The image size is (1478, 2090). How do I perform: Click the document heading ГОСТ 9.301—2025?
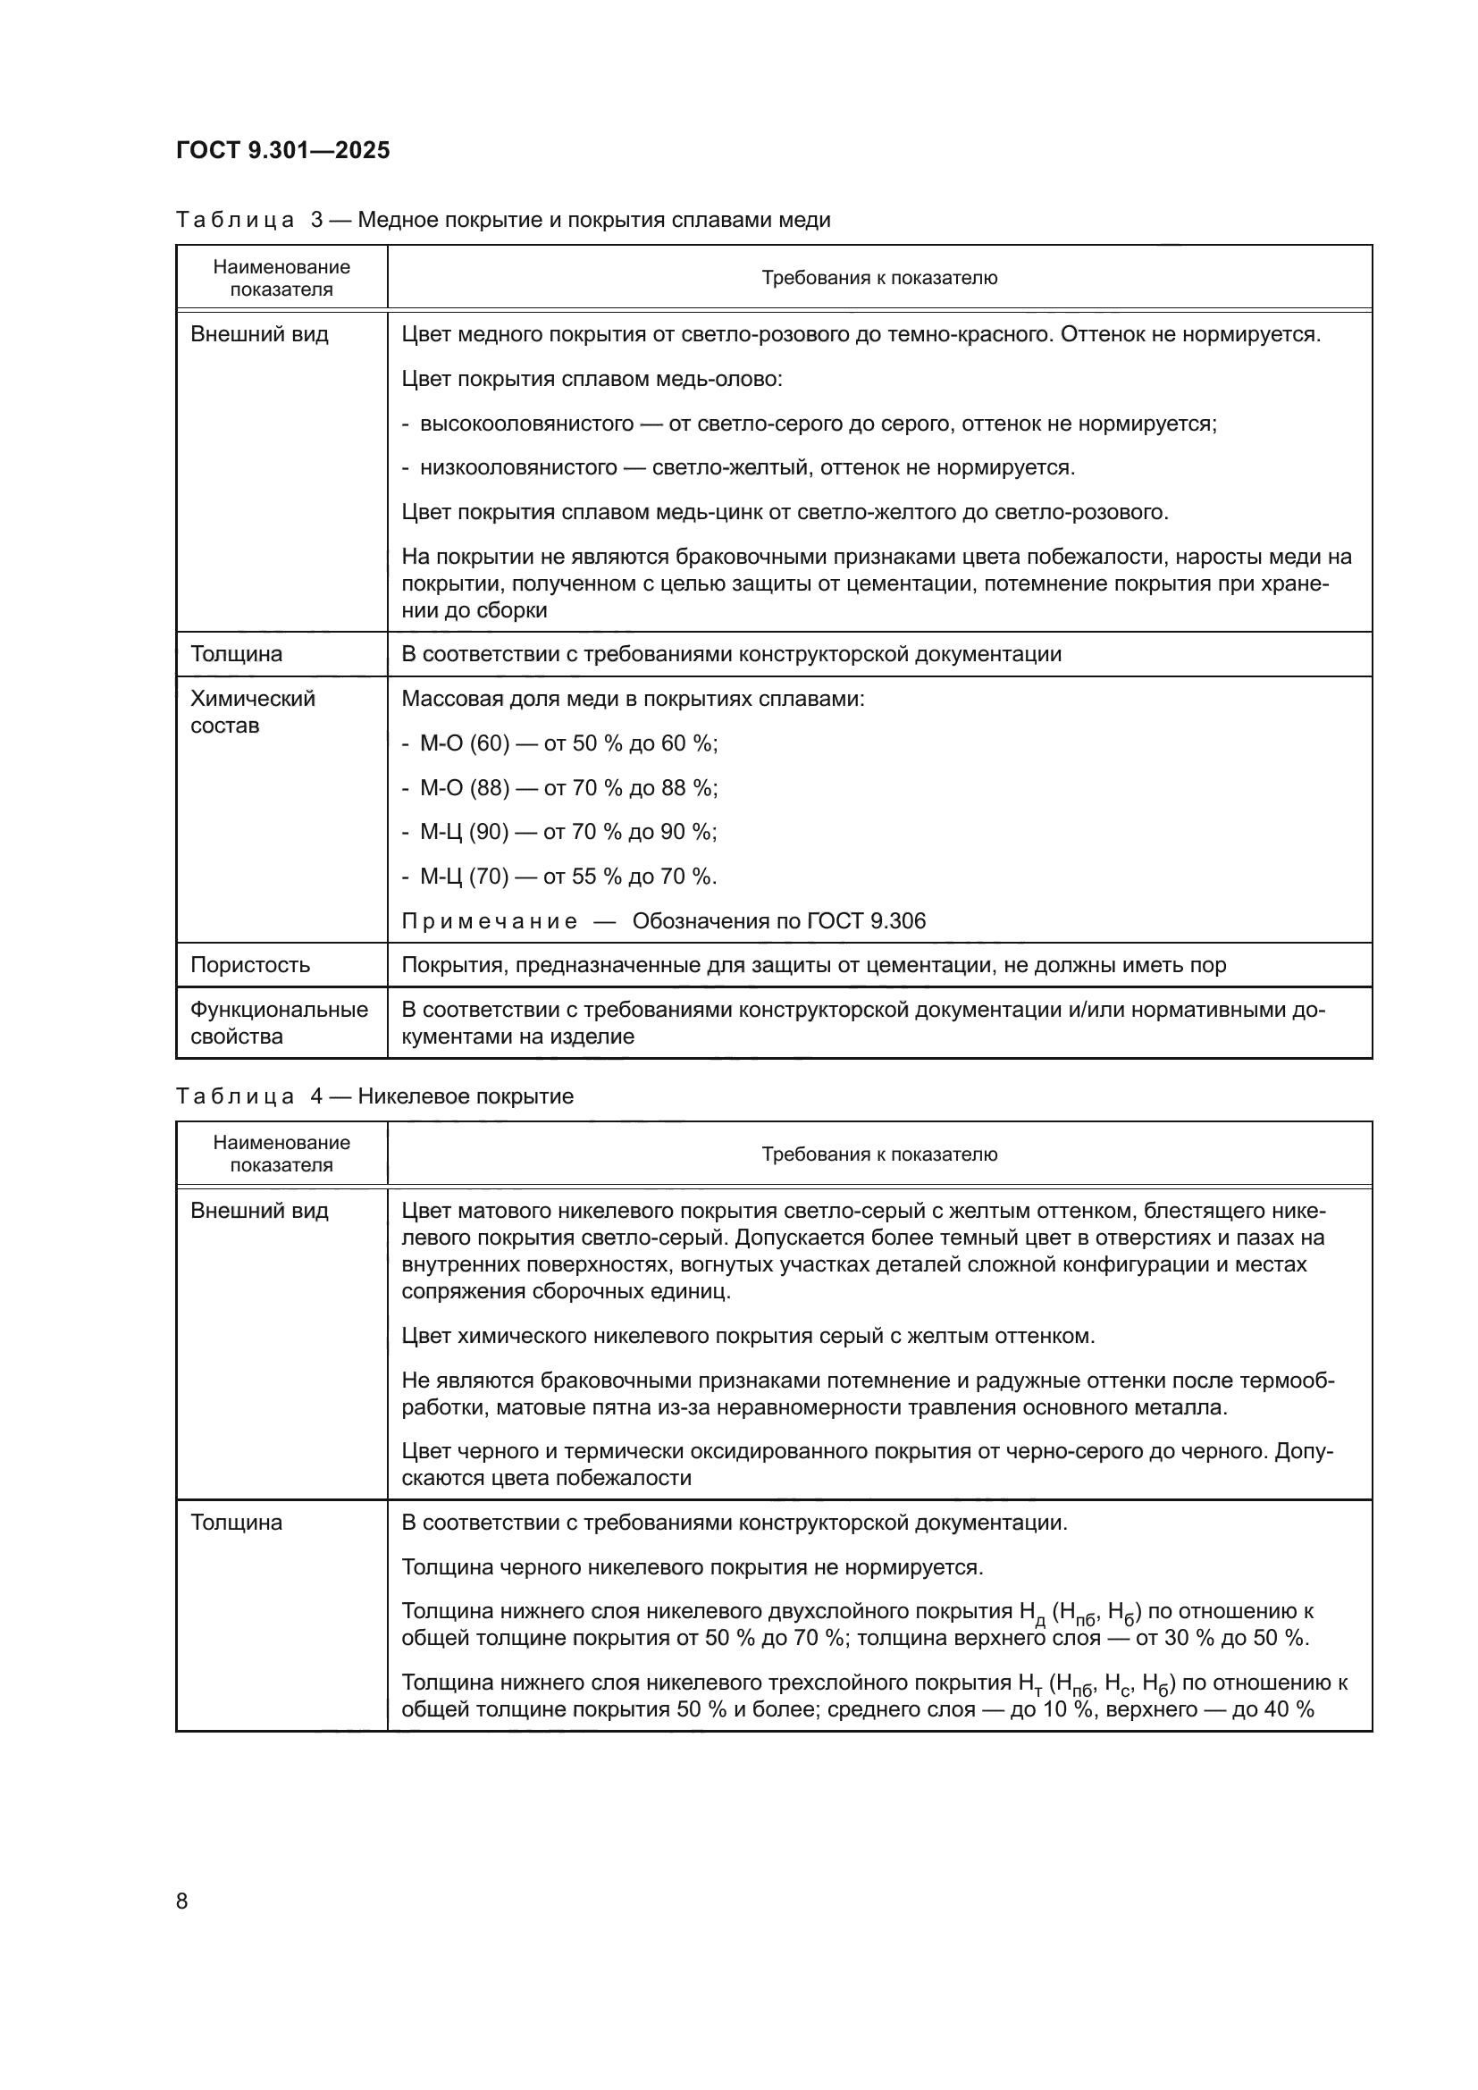click(282, 150)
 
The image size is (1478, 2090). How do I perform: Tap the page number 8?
click(182, 1901)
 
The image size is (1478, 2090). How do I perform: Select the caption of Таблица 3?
click(502, 221)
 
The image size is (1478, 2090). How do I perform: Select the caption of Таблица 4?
click(374, 1096)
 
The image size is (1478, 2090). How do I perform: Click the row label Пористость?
click(250, 965)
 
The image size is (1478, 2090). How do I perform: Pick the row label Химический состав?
click(252, 712)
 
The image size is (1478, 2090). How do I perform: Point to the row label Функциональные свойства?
click(279, 1022)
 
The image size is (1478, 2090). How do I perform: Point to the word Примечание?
click(489, 921)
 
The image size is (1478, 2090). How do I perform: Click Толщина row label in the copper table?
click(237, 654)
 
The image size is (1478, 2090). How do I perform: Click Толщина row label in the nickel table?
click(237, 1523)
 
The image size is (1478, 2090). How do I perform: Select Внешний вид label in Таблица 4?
click(259, 1211)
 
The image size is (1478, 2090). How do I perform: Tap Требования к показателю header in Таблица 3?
click(879, 279)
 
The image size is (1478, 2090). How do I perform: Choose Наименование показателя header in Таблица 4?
click(281, 1154)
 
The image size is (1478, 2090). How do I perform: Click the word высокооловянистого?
click(526, 424)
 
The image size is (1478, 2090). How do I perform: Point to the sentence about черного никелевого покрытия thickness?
click(692, 1567)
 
